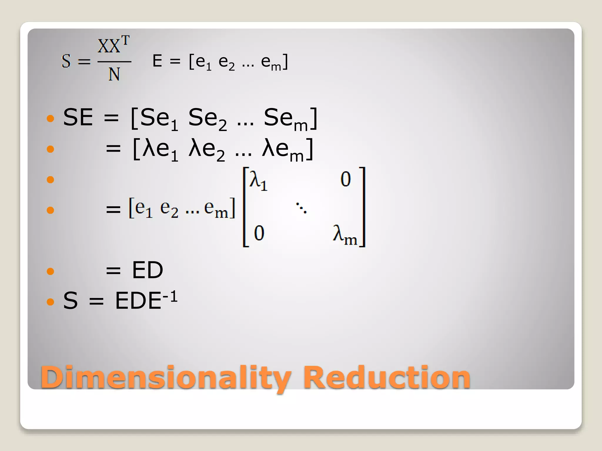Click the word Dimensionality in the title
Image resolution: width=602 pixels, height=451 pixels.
click(x=166, y=378)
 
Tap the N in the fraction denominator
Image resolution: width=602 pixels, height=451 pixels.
click(x=114, y=74)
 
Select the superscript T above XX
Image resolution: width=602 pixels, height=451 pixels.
click(x=126, y=41)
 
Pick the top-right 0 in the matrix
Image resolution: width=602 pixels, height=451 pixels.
click(x=346, y=179)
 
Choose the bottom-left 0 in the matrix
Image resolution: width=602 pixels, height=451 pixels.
click(x=259, y=233)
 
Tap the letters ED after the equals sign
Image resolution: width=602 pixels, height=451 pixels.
click(x=148, y=270)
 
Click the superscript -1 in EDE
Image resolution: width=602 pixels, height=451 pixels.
click(x=170, y=297)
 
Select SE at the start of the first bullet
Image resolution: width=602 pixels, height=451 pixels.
click(x=78, y=117)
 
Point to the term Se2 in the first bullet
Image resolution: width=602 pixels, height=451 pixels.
click(x=208, y=119)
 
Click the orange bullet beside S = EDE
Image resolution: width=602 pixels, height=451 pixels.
click(x=51, y=302)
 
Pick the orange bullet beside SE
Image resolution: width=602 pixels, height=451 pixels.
click(x=51, y=118)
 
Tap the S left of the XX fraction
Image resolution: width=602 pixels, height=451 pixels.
click(x=66, y=61)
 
